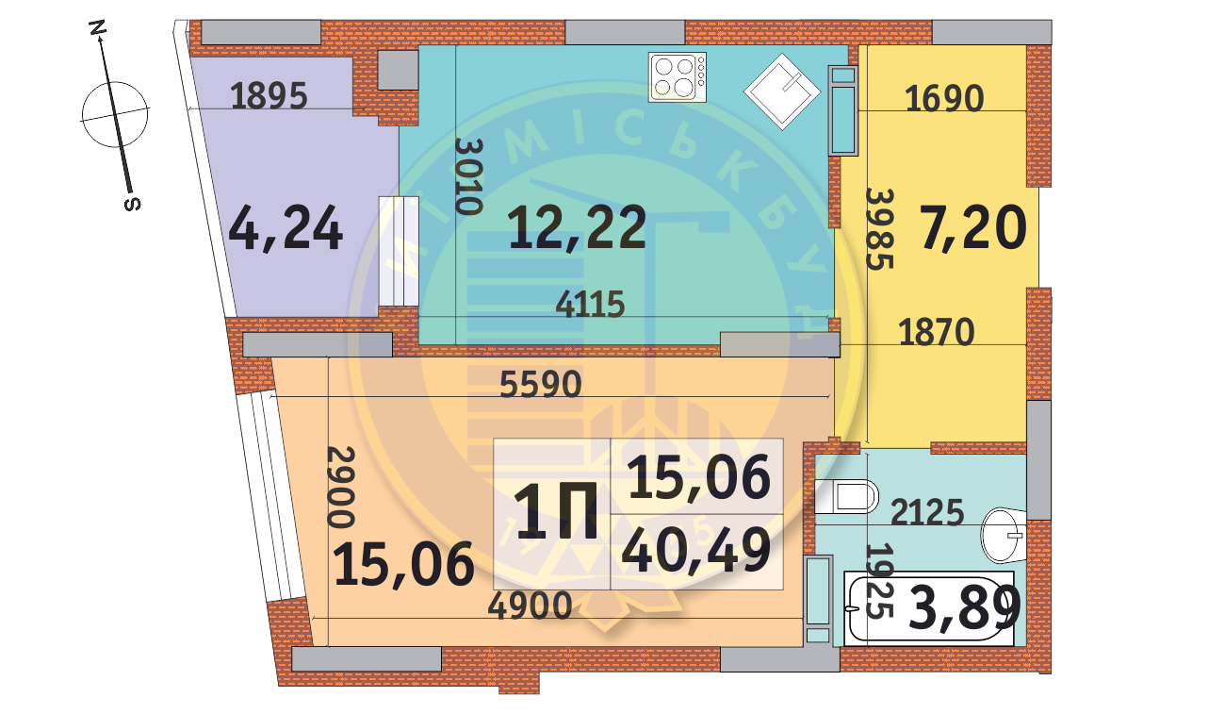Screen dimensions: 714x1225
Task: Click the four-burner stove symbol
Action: [678, 76]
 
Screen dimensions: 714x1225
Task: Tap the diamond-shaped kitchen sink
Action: [783, 91]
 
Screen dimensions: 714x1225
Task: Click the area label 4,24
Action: [286, 230]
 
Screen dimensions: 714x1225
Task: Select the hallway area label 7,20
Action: [973, 229]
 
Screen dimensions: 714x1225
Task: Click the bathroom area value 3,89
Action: [965, 608]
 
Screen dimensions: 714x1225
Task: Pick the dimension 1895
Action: [269, 96]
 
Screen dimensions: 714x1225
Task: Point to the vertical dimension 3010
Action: [467, 176]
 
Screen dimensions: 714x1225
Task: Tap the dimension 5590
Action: [541, 385]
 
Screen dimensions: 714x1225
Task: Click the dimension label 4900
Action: [530, 606]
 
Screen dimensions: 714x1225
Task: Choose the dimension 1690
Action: [944, 97]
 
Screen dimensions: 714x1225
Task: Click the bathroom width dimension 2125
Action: [927, 513]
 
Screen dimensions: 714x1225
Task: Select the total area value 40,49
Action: [696, 552]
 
